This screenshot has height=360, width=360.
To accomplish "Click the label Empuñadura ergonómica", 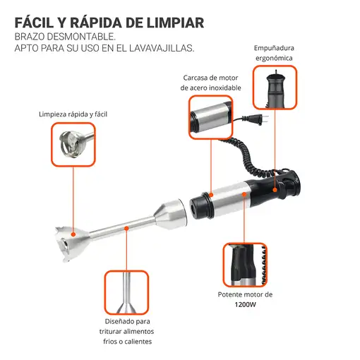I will coord(275,53).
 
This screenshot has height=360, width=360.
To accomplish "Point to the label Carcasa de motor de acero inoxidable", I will coord(211,83).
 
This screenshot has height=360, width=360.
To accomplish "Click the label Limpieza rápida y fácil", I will coord(73,114).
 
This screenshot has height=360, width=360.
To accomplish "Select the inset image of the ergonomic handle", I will coord(275,87).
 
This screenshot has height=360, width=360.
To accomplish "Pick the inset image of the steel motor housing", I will coord(210,116).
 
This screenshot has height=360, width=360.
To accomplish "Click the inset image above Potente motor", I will coord(244,263).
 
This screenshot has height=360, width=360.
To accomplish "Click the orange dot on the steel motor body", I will coord(244,191).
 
